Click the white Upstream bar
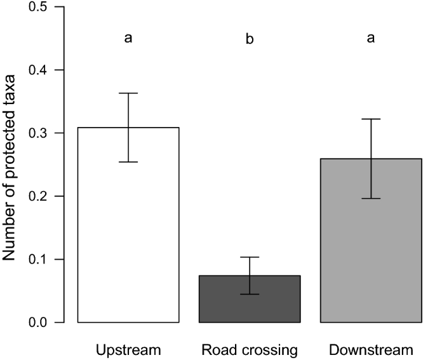pos(128,241)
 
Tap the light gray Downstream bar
pos(371,254)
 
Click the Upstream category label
pos(128,350)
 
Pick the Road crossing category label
pos(250,350)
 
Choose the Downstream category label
pos(371,350)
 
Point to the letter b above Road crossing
pos(250,39)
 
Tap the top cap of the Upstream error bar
pos(128,93)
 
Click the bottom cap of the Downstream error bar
pos(371,199)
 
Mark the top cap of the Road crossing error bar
pos(250,257)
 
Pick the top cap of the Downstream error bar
pos(371,119)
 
